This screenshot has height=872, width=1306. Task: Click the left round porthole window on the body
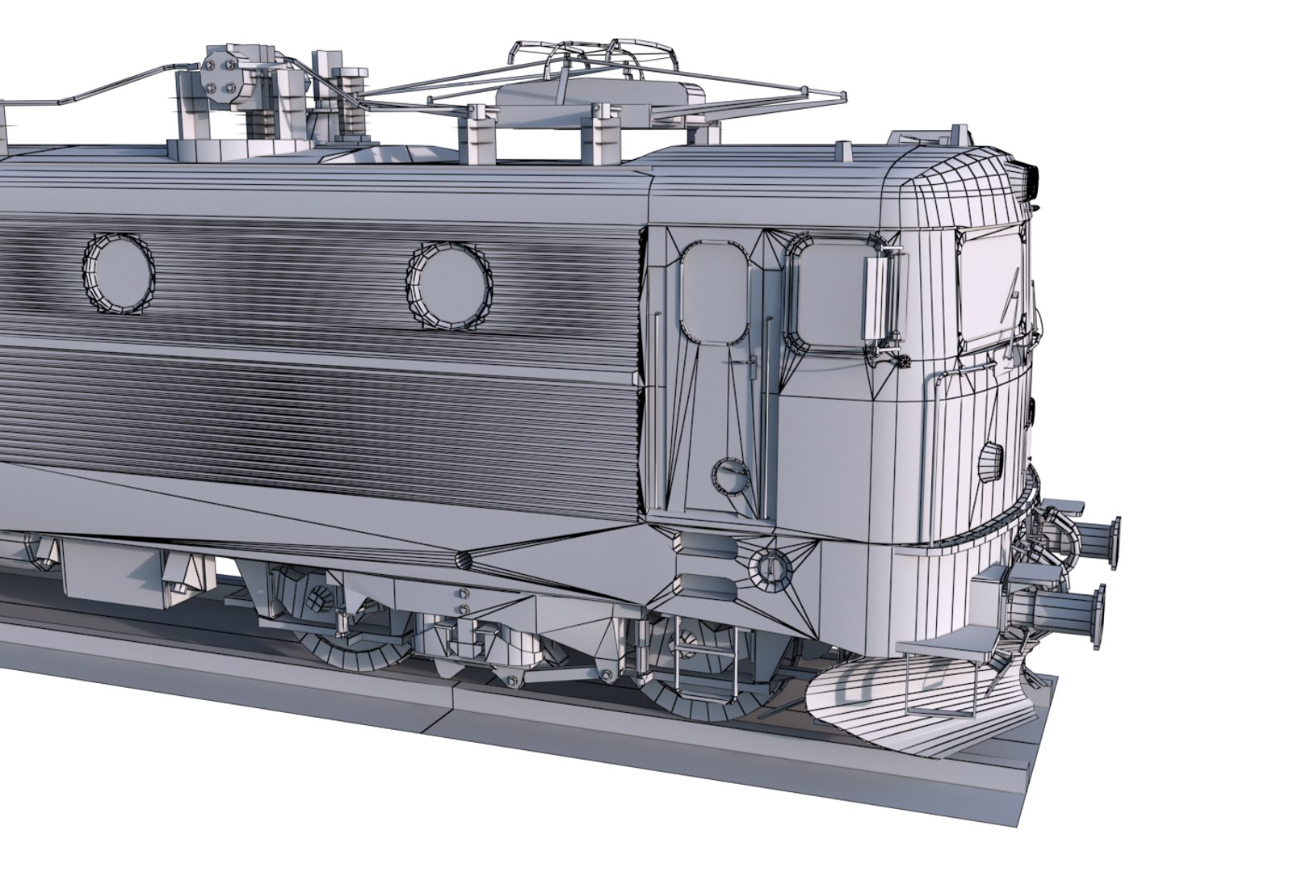tap(118, 274)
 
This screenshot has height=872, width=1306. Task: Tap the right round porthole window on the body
tap(449, 285)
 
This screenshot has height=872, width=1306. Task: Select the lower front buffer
tap(1077, 617)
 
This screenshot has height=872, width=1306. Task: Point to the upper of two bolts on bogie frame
tap(464, 596)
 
